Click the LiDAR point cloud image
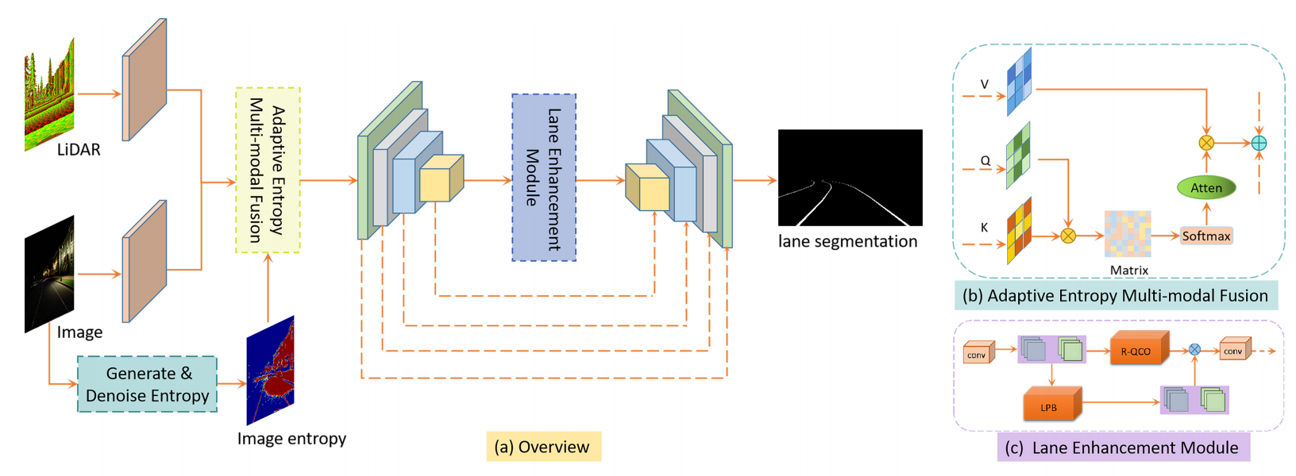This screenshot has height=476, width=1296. pos(49,95)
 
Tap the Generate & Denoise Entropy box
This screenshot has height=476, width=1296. pos(147,384)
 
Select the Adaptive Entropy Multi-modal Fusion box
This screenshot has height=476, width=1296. pos(268,170)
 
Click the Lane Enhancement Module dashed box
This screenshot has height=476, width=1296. pos(544,178)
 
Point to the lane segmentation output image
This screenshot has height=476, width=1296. pos(850,178)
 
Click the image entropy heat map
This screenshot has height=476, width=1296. pos(270,370)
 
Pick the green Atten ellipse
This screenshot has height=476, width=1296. pos(1206,188)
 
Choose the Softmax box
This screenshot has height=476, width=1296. pos(1206,236)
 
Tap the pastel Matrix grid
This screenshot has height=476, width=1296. pos(1128,234)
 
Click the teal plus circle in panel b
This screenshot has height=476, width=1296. pos(1259,143)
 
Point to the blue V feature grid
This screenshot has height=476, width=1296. pos(1019,82)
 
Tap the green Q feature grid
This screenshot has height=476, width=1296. pos(1018,155)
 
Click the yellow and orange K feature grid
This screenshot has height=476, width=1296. pos(1019,230)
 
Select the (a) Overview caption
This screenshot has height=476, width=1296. pos(543,447)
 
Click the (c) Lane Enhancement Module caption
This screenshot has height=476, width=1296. pos(1123,447)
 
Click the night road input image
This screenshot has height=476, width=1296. pos(49,274)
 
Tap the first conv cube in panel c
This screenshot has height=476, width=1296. pos(978,352)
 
